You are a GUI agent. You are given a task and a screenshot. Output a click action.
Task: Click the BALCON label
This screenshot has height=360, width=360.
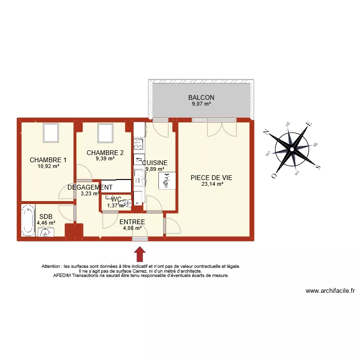point(201,97)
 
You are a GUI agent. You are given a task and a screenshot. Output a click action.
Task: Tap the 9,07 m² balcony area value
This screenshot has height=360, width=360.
point(201,104)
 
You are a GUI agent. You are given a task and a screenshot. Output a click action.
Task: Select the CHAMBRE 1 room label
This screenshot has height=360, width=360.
point(48,160)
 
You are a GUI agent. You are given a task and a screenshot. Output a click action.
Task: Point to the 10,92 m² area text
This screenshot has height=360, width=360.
point(48,166)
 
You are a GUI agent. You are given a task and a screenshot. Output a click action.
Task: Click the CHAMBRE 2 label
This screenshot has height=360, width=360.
point(105,153)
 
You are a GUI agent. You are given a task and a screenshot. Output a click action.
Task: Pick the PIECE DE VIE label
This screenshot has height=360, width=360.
point(215,177)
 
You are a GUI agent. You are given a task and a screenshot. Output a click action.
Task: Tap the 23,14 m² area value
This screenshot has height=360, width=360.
point(214,183)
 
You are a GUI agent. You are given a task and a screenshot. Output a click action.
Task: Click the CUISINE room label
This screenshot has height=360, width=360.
point(155,163)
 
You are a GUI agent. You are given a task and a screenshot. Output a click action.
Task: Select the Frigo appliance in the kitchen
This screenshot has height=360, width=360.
point(167,180)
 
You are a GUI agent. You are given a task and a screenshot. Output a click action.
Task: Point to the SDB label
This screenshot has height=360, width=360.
point(46,216)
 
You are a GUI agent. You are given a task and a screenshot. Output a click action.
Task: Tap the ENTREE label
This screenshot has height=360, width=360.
point(132,221)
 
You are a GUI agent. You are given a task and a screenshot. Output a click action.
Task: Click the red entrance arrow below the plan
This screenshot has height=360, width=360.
point(140,252)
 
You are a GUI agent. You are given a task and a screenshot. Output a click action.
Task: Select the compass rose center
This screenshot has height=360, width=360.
point(292,149)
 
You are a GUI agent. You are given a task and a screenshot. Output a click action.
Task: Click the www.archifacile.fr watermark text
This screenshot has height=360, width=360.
point(330,290)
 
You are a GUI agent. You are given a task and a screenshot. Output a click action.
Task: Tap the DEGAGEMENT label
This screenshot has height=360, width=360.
point(90,187)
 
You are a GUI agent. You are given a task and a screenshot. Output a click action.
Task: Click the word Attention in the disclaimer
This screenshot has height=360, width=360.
point(52,266)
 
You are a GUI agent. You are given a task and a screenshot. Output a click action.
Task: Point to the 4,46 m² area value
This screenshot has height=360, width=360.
point(46,223)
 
